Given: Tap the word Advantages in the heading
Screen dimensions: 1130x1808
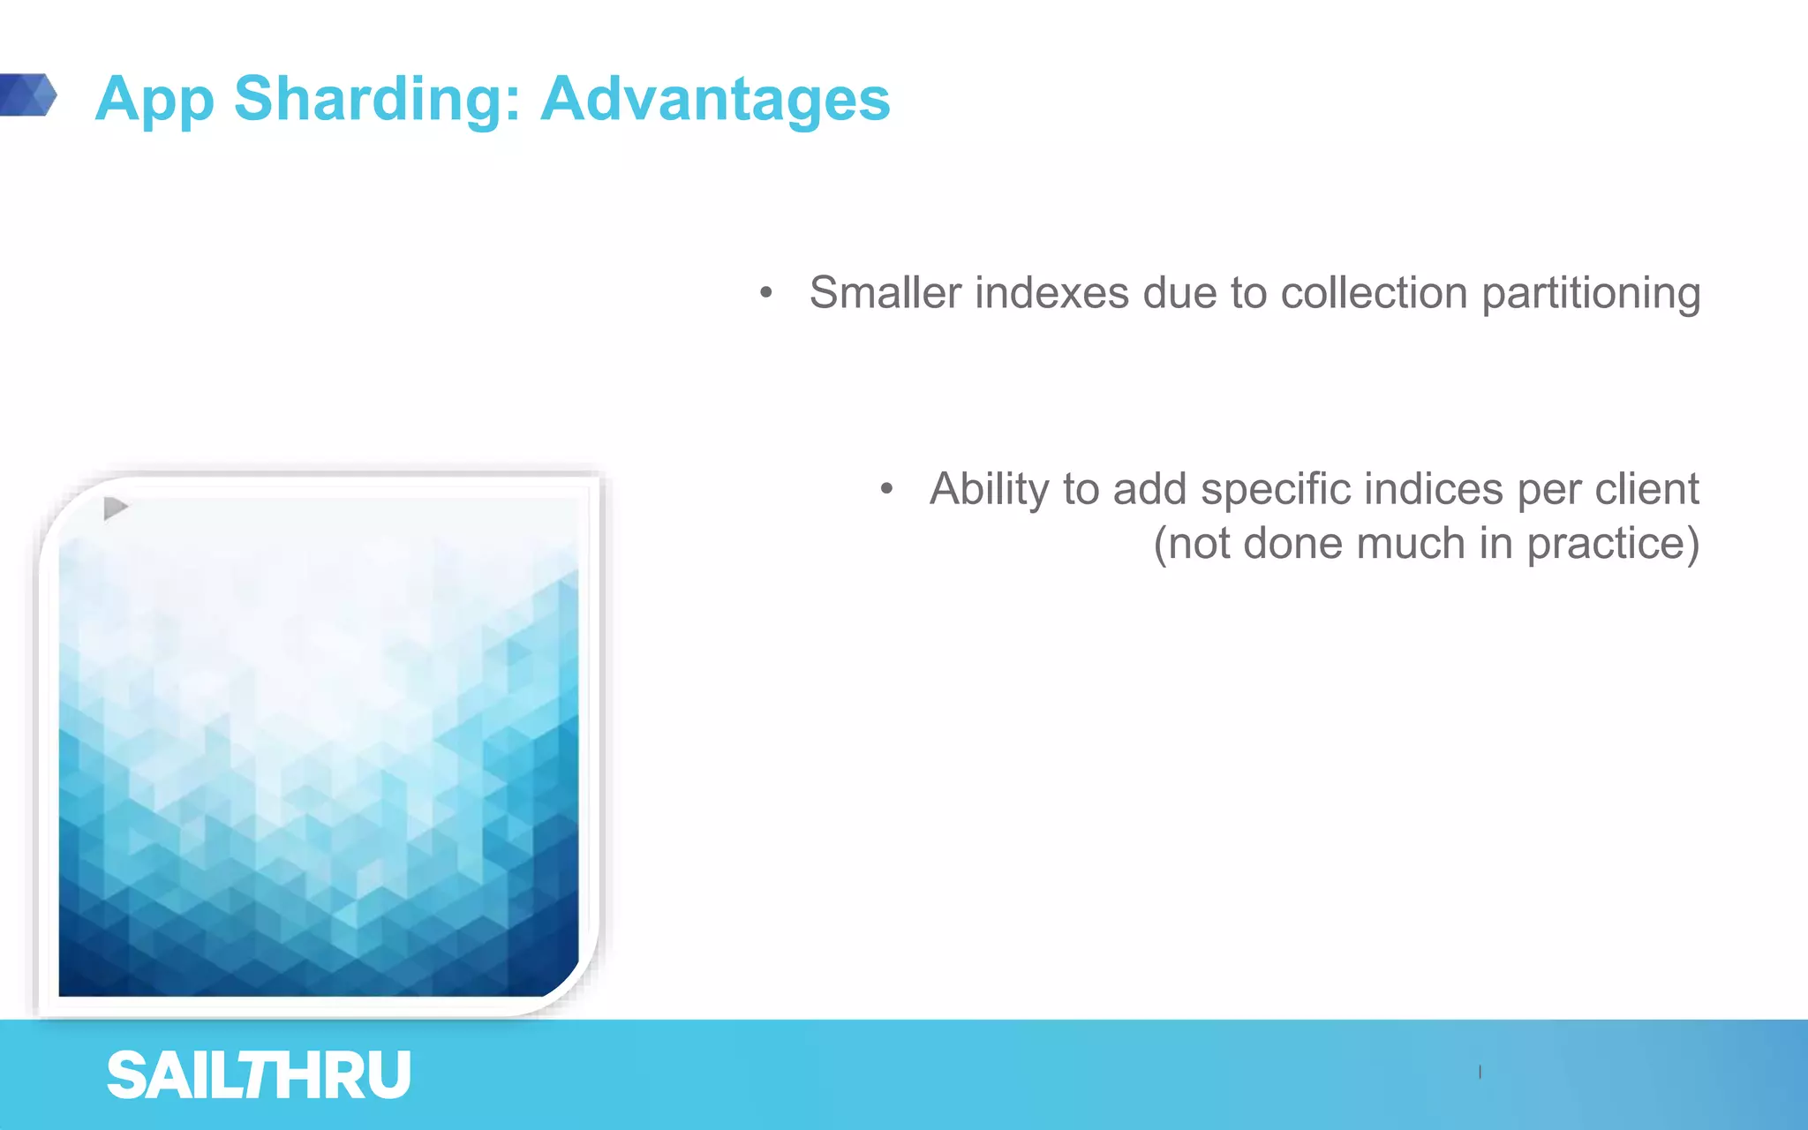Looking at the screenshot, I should pos(715,99).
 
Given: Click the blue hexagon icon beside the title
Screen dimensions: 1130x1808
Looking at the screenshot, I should pos(28,94).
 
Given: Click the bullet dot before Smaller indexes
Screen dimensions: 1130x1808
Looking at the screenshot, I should pos(766,292).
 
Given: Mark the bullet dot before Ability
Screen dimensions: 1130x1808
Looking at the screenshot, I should pos(886,488).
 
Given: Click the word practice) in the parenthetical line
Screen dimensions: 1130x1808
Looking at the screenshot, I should pos(1612,545).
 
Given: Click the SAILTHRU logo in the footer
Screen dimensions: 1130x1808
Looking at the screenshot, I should pos(259,1075).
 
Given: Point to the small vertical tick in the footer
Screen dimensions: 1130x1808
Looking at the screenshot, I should pos(1480,1072).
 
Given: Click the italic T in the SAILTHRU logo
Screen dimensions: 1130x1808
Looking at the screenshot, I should pos(262,1075).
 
